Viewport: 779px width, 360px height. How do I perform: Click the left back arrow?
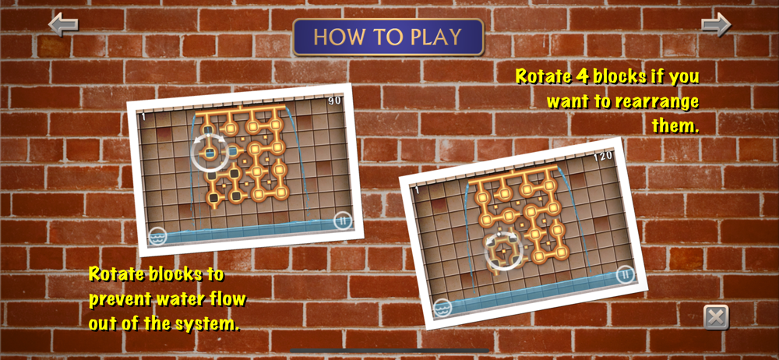point(63,24)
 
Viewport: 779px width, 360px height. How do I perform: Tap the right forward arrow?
point(716,24)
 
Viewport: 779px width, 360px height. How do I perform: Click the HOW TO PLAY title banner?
point(388,37)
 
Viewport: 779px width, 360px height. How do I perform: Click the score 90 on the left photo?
point(334,101)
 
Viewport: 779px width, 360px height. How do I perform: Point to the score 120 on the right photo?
point(603,157)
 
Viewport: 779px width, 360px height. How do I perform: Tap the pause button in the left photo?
point(342,219)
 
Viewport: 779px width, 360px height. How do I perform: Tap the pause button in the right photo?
point(625,274)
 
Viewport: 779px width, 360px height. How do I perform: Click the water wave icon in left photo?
point(158,235)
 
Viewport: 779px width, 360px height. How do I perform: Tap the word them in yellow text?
point(675,125)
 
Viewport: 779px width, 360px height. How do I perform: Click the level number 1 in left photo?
point(143,117)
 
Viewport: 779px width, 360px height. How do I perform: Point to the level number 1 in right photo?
point(417,190)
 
